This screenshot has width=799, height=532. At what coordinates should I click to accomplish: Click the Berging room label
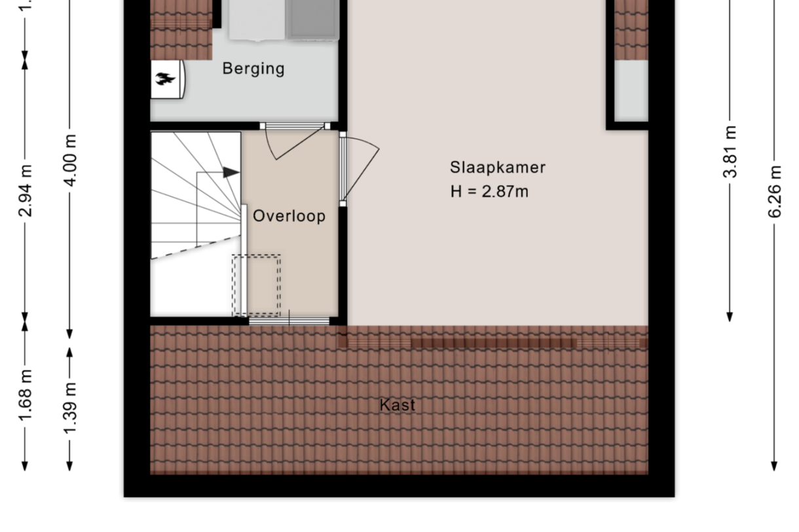click(253, 69)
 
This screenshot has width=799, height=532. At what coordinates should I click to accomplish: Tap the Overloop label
click(289, 216)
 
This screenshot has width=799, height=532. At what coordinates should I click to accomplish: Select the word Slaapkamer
click(498, 168)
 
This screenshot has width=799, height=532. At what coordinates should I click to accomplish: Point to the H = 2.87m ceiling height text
click(489, 192)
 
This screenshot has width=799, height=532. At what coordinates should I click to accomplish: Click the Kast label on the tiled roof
click(398, 405)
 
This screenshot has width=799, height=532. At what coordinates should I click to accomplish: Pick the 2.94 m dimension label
click(26, 190)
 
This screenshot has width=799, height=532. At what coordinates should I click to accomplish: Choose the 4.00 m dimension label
click(70, 160)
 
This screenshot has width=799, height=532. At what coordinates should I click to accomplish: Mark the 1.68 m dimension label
click(26, 395)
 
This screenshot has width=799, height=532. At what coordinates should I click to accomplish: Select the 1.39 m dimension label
click(70, 408)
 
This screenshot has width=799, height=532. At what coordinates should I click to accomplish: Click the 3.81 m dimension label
click(730, 152)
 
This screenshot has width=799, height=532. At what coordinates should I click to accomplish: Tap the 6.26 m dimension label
click(774, 192)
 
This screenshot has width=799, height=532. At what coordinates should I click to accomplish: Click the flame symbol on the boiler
click(165, 79)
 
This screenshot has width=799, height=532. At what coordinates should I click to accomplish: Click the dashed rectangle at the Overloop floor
click(256, 285)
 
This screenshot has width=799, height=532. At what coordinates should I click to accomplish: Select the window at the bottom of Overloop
click(289, 321)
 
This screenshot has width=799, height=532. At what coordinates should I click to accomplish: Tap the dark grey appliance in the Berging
click(312, 19)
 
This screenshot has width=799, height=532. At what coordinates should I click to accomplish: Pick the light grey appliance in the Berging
click(257, 20)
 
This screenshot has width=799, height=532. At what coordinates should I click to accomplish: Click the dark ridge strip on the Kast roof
click(493, 343)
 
